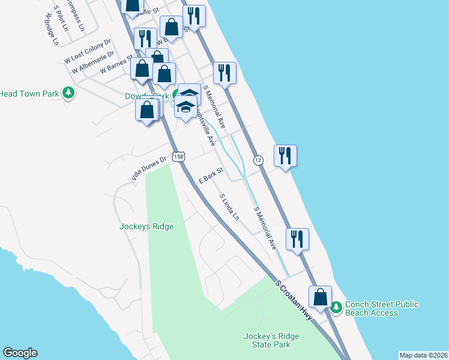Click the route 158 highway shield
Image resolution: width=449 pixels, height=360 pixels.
pyautogui.click(x=178, y=157)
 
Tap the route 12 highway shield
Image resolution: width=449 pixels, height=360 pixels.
pyautogui.click(x=258, y=160)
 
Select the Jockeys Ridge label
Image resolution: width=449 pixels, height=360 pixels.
pyautogui.click(x=146, y=226)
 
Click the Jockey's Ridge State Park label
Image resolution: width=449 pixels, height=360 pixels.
pyautogui.click(x=268, y=340)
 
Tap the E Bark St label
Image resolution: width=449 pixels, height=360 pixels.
pyautogui.click(x=211, y=176)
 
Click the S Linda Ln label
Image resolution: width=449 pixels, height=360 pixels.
pyautogui.click(x=229, y=206)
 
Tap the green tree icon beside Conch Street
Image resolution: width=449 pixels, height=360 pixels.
pyautogui.click(x=336, y=307)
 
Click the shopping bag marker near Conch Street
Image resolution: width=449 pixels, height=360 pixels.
pyautogui.click(x=321, y=296)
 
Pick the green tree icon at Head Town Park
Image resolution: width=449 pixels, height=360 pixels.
pyautogui.click(x=70, y=93)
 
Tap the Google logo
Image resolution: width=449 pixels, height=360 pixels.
pyautogui.click(x=20, y=353)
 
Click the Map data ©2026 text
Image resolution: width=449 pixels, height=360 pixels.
pyautogui.click(x=423, y=355)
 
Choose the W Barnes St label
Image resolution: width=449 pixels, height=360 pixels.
pyautogui.click(x=116, y=65)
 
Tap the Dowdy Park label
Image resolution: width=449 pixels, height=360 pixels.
pyautogui.click(x=147, y=96)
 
